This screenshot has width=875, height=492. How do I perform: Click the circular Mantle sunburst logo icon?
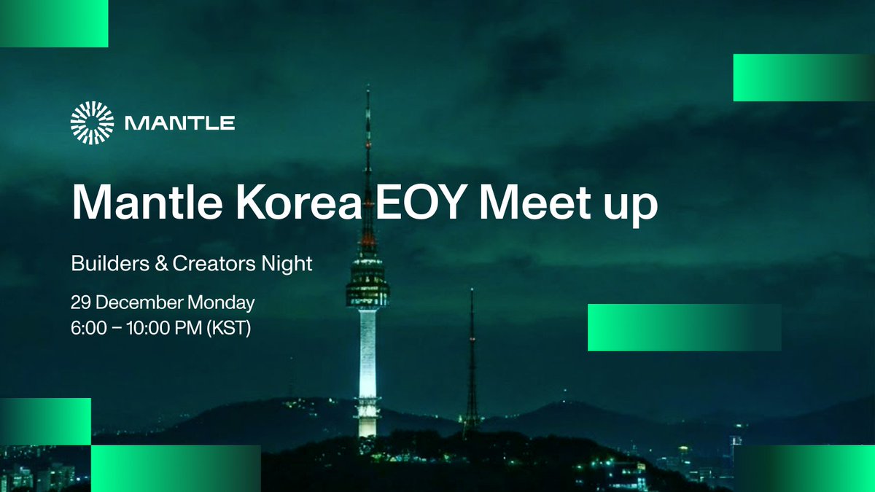(92, 122)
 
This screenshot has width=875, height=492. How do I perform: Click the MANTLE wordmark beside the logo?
(179, 122)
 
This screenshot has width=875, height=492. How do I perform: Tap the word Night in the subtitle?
(287, 264)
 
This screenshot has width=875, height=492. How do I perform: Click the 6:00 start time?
(87, 328)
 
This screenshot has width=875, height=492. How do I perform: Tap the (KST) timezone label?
(228, 328)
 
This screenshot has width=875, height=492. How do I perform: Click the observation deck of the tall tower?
(367, 281)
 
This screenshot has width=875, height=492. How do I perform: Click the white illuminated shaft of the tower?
(367, 350)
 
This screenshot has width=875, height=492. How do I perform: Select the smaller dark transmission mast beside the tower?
(472, 364)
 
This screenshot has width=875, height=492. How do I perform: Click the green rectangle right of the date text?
(683, 327)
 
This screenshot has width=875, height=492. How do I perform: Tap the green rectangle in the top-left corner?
(54, 23)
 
